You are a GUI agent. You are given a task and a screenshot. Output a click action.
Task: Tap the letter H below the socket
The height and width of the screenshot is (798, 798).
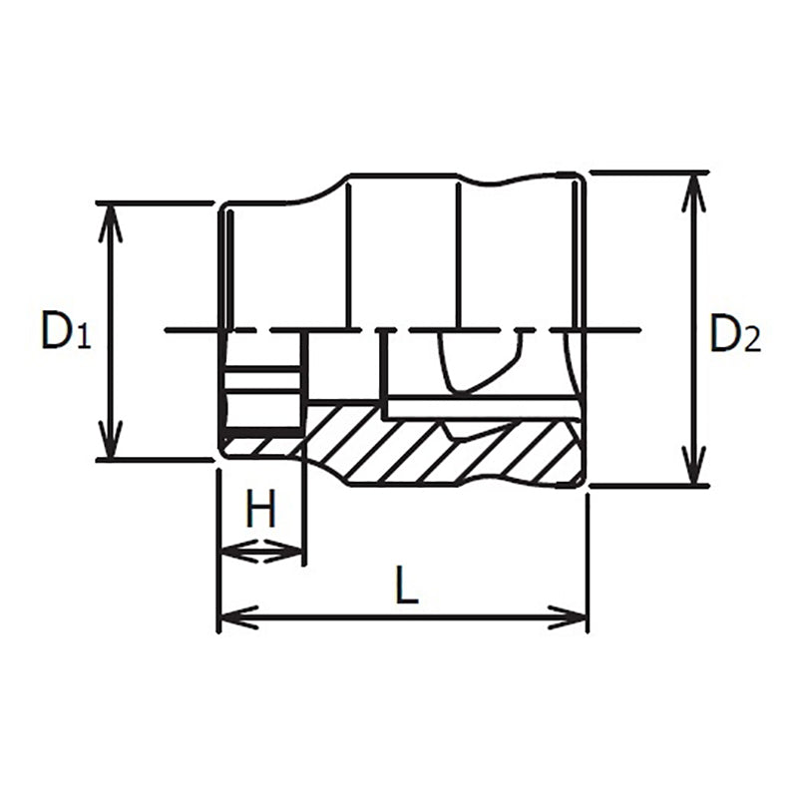pos(261,512)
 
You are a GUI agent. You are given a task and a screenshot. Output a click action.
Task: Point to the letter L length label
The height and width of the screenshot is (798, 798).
pos(405,588)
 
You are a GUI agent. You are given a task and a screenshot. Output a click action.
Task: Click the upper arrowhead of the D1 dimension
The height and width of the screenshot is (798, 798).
pos(112,221)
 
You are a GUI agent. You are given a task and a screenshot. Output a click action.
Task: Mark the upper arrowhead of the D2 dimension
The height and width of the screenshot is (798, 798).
pos(693,192)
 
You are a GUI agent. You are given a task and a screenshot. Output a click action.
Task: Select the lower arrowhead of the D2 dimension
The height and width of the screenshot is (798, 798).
pos(693,467)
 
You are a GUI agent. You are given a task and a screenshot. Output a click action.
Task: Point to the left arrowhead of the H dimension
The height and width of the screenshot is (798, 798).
pos(233,551)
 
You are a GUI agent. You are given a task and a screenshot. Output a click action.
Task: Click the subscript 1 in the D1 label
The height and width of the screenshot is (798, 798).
pos(84,340)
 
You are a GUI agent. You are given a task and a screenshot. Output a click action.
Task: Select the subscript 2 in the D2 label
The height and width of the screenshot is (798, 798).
pos(753,341)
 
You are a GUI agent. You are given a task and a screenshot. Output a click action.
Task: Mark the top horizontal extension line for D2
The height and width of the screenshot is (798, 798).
pos(648,173)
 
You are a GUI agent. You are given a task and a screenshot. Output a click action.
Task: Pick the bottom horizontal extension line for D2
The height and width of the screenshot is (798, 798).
pos(648,487)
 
